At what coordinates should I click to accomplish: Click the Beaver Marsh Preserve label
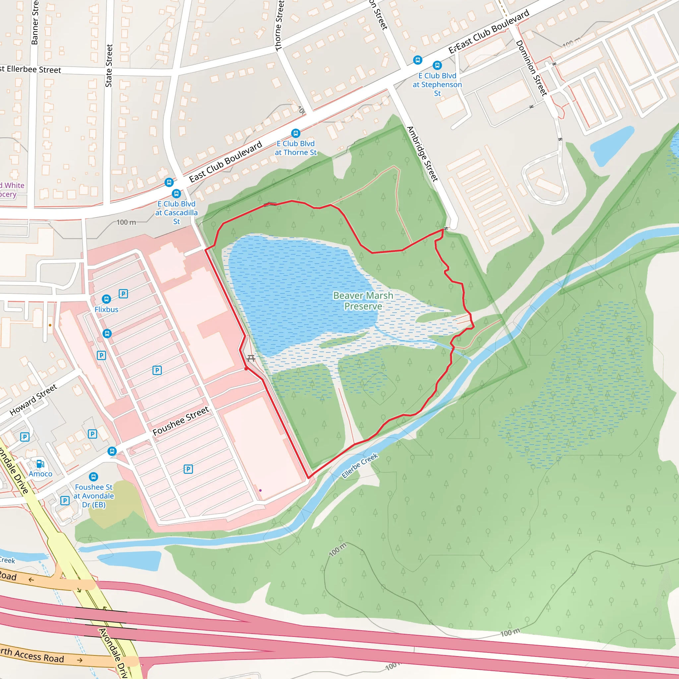363,301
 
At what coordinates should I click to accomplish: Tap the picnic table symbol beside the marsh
251,358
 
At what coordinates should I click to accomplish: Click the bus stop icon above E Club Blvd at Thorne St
295,133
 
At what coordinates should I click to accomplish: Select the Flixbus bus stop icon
106,299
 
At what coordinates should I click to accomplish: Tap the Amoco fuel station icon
40,464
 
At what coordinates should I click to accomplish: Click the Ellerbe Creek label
359,465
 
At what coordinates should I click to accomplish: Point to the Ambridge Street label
422,154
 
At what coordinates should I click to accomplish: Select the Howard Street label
33,400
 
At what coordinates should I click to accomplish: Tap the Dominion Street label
531,68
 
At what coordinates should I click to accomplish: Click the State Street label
109,66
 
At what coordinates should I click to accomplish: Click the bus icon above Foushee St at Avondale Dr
93,476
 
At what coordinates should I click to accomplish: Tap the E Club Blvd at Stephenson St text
437,84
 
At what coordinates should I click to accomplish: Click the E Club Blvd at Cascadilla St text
176,213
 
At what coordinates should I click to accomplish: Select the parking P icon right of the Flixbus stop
123,293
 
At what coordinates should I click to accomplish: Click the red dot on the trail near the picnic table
246,369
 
